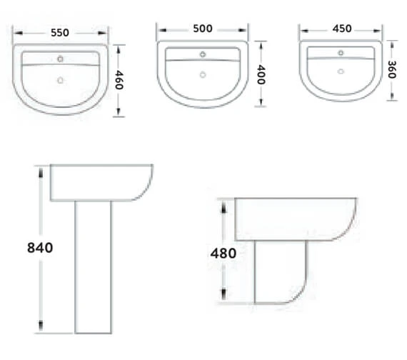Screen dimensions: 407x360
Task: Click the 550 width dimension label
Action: click(x=60, y=33)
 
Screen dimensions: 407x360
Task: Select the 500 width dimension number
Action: click(x=203, y=29)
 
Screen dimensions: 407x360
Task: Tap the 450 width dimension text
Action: click(x=342, y=29)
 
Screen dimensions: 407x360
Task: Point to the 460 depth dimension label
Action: click(x=119, y=80)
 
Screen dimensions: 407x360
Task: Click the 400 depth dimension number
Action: click(x=261, y=75)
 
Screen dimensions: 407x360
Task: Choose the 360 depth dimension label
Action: click(x=392, y=69)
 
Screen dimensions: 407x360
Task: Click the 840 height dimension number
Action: click(x=40, y=248)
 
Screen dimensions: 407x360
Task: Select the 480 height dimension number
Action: click(x=223, y=254)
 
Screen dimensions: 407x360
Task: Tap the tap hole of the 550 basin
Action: click(x=60, y=59)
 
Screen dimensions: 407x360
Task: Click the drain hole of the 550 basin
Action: click(x=60, y=80)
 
